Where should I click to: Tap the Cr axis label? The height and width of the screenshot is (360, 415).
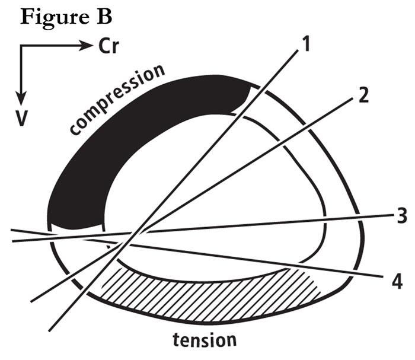tap(108, 47)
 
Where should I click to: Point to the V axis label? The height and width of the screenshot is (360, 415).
tap(21, 119)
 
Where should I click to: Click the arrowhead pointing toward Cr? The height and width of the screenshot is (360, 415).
tap(87, 46)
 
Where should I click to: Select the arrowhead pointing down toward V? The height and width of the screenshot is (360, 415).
tap(21, 98)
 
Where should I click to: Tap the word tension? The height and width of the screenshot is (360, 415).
tap(205, 340)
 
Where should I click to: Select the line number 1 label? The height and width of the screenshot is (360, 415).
tap(306, 44)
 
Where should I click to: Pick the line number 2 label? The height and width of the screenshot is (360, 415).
tap(363, 95)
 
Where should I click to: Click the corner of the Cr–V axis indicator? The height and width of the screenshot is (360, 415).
tap(21, 46)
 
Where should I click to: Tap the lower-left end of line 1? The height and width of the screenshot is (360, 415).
tap(49, 331)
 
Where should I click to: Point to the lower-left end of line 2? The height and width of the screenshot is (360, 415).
tap(31, 301)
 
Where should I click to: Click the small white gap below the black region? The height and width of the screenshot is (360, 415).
tap(76, 230)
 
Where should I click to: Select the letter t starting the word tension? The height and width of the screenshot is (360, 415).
tap(176, 340)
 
